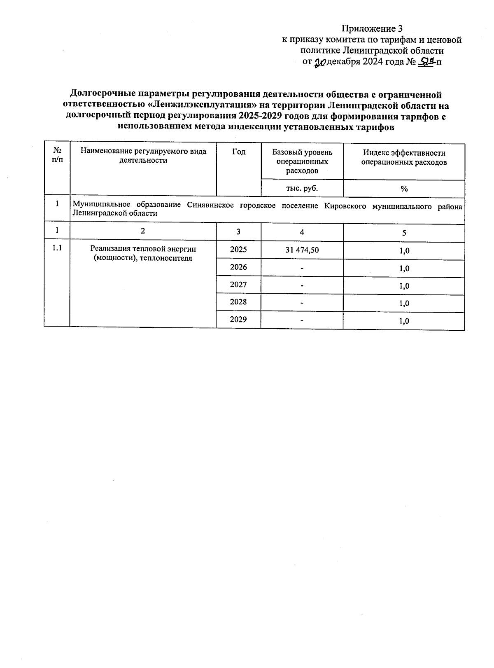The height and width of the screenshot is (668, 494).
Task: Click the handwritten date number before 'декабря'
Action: click(320, 63)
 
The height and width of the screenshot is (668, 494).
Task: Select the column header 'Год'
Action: click(238, 152)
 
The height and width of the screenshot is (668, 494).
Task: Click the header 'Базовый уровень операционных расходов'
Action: click(302, 161)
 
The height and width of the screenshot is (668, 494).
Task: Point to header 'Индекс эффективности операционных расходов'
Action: click(403, 157)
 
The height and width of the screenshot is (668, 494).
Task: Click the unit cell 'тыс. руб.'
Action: click(302, 188)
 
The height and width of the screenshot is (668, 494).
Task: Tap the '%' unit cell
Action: click(404, 189)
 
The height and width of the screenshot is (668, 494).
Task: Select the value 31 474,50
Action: click(302, 250)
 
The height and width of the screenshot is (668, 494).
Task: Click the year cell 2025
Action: click(238, 250)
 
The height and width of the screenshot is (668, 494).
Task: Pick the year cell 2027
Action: click(238, 285)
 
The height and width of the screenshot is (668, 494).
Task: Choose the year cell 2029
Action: click(238, 319)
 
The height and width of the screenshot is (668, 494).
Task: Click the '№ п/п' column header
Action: click(58, 155)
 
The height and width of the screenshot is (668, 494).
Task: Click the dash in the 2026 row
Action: click(302, 268)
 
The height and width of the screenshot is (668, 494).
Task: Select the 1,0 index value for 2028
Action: click(404, 304)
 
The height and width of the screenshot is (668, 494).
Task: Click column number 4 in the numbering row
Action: click(302, 232)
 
